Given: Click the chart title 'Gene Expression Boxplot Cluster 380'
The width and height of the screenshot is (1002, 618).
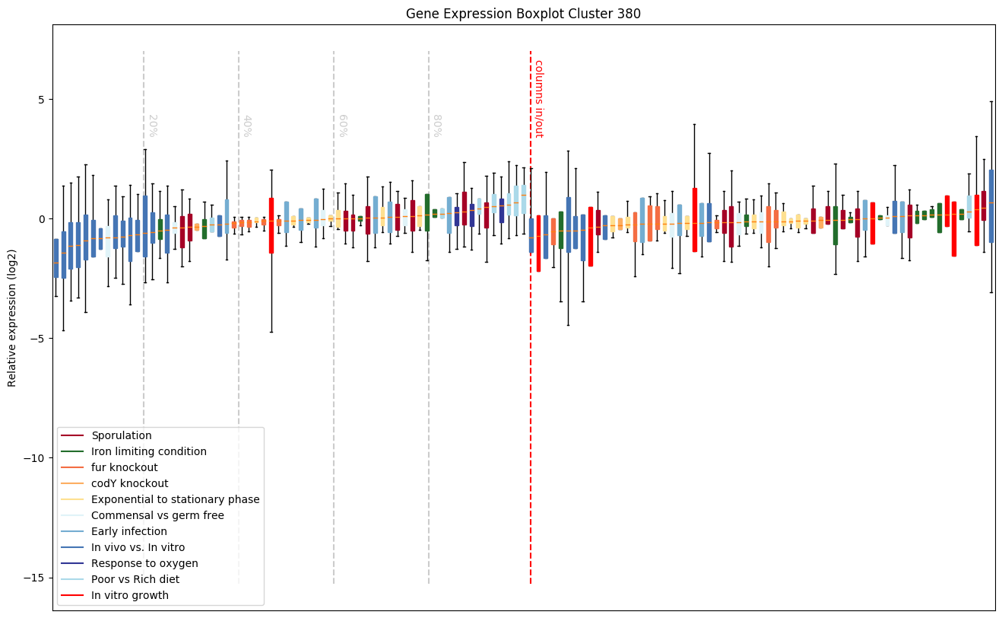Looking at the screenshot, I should pyautogui.click(x=523, y=14).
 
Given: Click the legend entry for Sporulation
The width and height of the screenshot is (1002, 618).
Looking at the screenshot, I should pyautogui.click(x=121, y=435).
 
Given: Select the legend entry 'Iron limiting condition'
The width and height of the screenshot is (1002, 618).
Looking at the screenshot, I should pyautogui.click(x=148, y=451).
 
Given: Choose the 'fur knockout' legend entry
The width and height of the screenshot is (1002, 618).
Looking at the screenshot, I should pyautogui.click(x=124, y=467).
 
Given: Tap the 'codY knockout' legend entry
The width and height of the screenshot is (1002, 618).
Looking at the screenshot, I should pyautogui.click(x=129, y=483).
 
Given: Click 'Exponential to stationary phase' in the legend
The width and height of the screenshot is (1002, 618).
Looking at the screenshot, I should pyautogui.click(x=175, y=499).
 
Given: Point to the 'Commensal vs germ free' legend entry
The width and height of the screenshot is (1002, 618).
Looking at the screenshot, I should pyautogui.click(x=157, y=515).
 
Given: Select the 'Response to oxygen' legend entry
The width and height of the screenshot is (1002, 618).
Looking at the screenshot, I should pyautogui.click(x=144, y=563).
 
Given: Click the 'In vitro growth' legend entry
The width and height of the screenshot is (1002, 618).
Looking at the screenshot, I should pyautogui.click(x=129, y=595).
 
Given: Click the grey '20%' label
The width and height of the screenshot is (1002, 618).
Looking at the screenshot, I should pyautogui.click(x=152, y=126).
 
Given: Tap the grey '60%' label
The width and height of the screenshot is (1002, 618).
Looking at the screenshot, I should pyautogui.click(x=342, y=126).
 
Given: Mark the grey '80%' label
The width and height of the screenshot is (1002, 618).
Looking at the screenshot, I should pyautogui.click(x=437, y=126).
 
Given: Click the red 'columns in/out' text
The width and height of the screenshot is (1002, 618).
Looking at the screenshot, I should pyautogui.click(x=538, y=98).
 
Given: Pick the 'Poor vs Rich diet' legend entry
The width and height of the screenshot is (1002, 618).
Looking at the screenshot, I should pyautogui.click(x=135, y=579).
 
